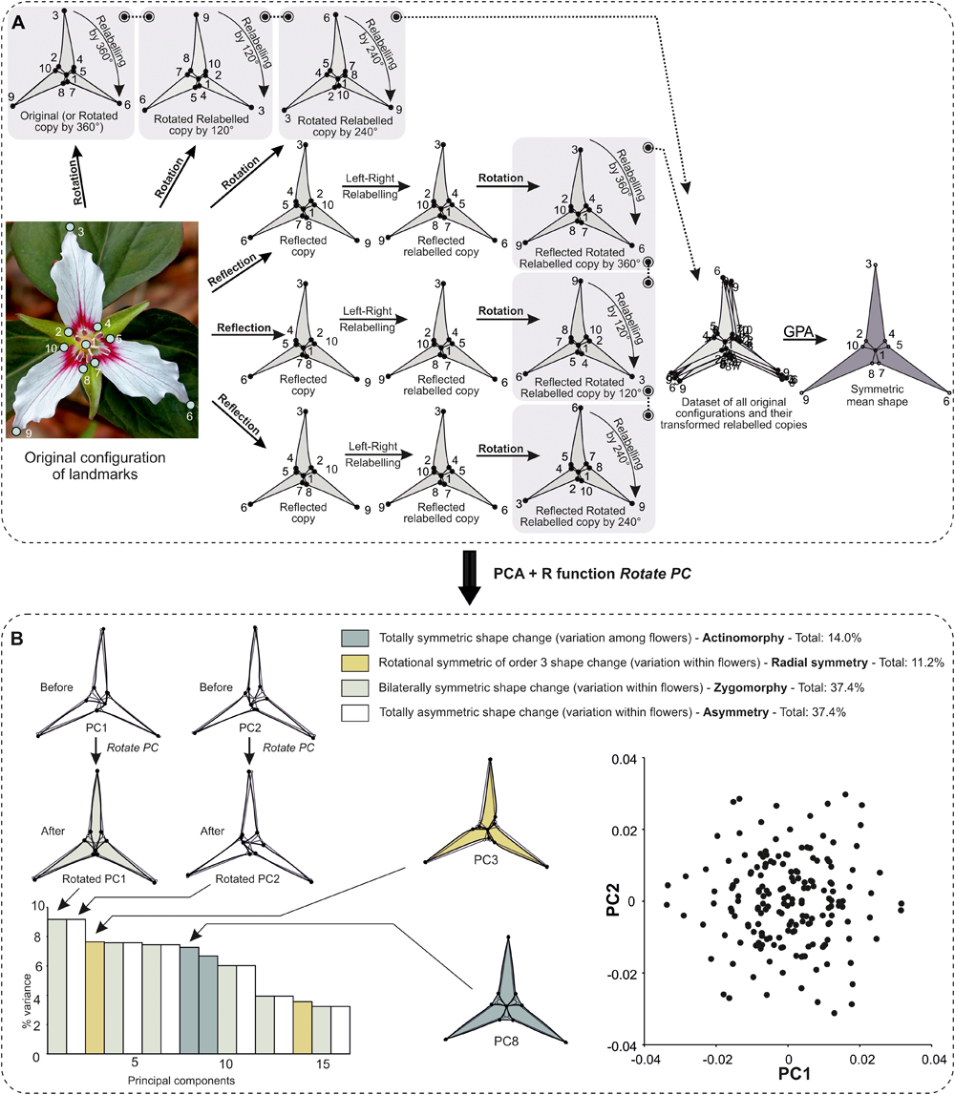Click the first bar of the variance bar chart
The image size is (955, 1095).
tap(57, 982)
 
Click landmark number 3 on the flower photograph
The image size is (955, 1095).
tap(71, 228)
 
